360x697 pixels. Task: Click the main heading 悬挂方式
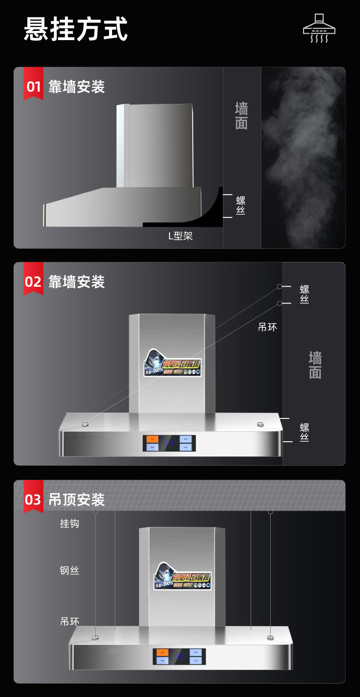point(76,29)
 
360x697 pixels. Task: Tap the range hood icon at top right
point(319,28)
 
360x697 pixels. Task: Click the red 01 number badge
point(33,86)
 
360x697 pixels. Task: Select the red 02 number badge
point(33,281)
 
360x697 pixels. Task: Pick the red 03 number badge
point(33,499)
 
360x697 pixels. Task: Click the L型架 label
point(180,236)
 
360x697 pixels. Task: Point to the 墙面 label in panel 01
point(242,116)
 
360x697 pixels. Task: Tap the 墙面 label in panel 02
point(315,365)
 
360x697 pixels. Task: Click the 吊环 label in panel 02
point(267,327)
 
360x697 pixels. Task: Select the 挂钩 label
point(69,523)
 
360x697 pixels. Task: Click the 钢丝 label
point(69,570)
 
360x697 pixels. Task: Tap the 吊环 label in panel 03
point(69,621)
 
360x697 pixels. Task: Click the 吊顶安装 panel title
point(77,500)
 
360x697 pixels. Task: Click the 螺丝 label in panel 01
point(241,205)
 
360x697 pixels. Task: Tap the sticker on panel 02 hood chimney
point(173,362)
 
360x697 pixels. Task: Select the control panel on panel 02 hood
point(169,443)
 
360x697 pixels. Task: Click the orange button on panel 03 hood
point(163,653)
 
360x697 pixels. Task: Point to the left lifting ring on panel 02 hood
point(85,424)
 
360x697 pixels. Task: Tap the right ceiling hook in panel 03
point(270,511)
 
